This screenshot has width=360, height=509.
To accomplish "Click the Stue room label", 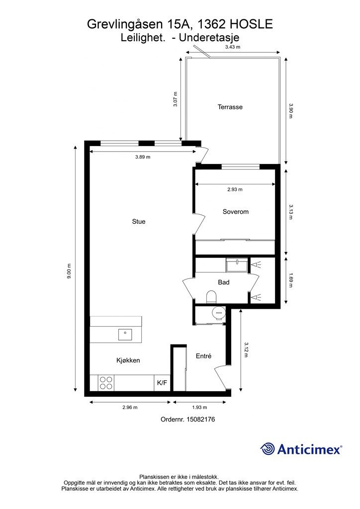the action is coord(139,221).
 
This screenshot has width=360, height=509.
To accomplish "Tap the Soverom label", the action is coord(235,212).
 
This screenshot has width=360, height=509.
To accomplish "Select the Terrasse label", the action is coord(230,107).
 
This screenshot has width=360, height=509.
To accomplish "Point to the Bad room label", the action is coord(224,282).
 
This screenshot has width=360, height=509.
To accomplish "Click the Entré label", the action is coord(203,356).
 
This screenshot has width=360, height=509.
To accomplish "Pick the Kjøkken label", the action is coord(128,360).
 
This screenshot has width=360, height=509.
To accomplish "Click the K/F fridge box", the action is coord(162,383).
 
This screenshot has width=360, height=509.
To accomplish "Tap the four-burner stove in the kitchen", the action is coord(106,383).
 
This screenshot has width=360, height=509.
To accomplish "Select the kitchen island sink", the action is coord(125,335).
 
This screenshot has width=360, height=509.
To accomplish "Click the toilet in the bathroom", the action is coord(211,296).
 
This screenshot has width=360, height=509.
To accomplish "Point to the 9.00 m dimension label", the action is coord(69,271).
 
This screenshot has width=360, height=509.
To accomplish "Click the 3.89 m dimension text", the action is coord(143,157).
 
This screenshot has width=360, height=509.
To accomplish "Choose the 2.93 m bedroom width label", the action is coord(235,189).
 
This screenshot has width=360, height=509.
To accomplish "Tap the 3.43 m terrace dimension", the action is coord(233,47).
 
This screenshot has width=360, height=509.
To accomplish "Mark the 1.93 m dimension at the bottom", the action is coord(199,408).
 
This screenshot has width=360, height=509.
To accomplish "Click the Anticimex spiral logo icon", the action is coord(268,449).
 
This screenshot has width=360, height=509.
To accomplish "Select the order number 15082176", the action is coord(200,420).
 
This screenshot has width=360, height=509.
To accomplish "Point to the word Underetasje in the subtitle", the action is coord(209,38).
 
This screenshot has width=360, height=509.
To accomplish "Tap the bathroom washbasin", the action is coord(237,264).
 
